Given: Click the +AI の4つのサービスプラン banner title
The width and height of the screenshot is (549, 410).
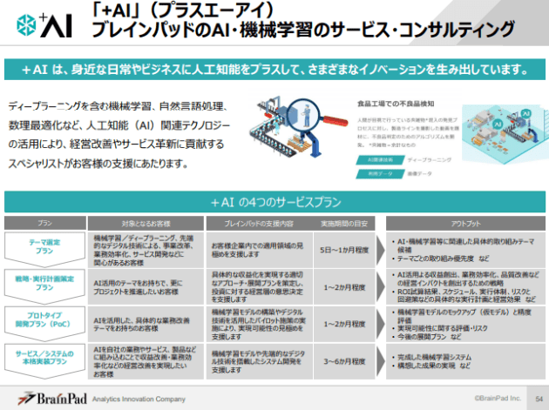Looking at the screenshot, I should pyautogui.click(x=275, y=202).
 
